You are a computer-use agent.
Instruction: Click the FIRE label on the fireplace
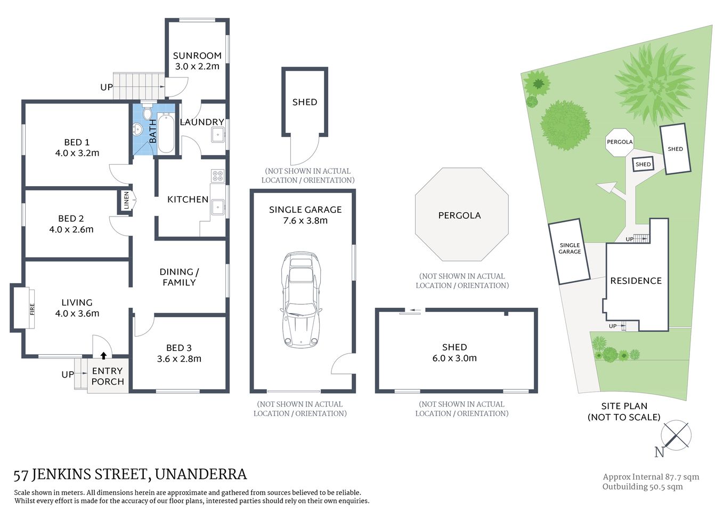click(32, 309)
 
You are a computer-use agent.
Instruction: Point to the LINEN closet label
click(126, 200)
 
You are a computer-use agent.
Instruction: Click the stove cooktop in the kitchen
click(217, 176)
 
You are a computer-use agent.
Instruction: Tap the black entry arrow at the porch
click(103, 355)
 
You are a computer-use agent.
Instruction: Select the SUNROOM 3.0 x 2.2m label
click(197, 61)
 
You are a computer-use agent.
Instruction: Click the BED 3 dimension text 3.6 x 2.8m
click(179, 359)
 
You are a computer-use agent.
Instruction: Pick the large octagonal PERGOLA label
click(459, 215)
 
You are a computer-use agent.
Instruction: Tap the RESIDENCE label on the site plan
click(636, 281)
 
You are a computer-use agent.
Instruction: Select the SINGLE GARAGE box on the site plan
click(570, 251)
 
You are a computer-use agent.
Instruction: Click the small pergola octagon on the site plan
click(620, 142)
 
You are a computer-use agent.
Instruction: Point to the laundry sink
click(218, 135)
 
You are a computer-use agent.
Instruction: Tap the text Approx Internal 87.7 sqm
click(651, 477)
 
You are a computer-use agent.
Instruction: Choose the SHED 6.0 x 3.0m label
click(454, 353)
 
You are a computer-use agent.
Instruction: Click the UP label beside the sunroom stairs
click(107, 87)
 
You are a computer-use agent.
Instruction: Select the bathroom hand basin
click(137, 129)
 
